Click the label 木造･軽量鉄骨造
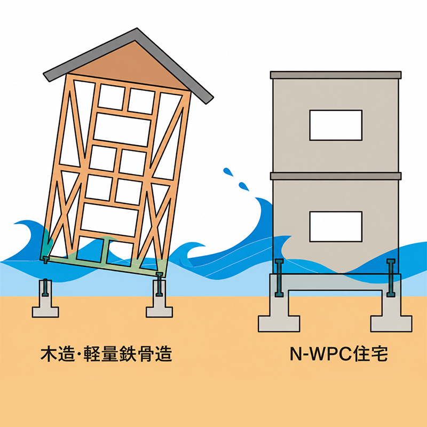106,354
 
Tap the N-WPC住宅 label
338,354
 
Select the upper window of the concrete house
336,125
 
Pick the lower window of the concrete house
336,226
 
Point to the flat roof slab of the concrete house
336,75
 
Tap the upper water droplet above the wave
228,172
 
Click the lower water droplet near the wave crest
243,186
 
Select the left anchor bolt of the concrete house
279,278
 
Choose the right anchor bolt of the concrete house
391,278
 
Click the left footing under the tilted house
45,299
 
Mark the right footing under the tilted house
159,299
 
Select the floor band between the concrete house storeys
336,176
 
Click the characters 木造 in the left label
58,354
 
